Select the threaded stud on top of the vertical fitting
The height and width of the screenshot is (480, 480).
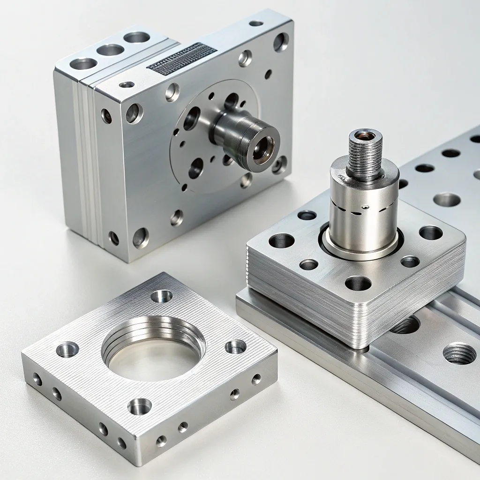click(364, 155)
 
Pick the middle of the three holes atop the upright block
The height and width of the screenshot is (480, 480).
click(110, 50)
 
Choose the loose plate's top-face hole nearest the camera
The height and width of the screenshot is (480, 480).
click(140, 406)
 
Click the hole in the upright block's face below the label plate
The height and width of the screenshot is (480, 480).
click(172, 92)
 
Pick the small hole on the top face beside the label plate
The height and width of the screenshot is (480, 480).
click(127, 85)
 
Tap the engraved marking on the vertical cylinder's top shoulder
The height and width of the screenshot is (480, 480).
click(342, 179)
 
